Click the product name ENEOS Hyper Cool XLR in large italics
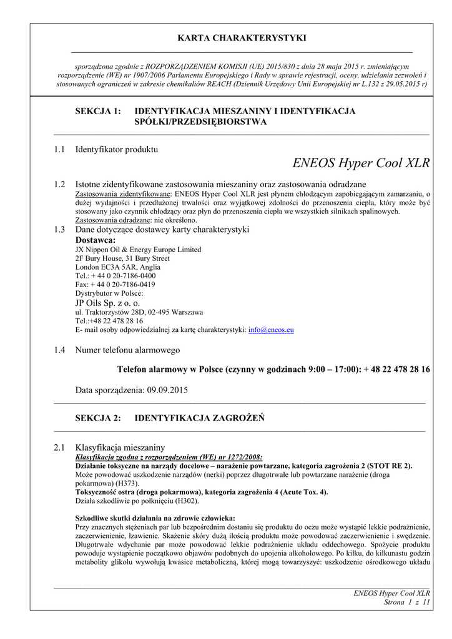pos(361,163)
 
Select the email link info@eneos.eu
pos(271,329)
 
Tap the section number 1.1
pos(60,149)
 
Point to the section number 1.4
pos(60,349)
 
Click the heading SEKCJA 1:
pos(97,111)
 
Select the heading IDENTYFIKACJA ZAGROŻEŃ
pos(199,417)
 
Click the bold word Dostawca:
pos(96,240)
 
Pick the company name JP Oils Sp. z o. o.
pos(107,303)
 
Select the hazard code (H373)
pos(128,484)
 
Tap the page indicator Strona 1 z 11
pos(406,602)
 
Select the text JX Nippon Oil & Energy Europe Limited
pos(138,250)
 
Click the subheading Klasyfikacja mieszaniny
pos(120,447)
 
